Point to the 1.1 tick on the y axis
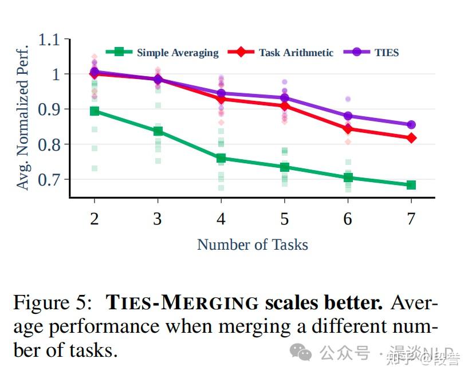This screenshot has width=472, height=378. (49, 40)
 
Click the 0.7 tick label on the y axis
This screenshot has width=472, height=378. (49, 180)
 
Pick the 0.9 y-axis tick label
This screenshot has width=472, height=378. (49, 109)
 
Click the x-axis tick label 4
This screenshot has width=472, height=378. (221, 219)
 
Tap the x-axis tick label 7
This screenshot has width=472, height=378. (411, 219)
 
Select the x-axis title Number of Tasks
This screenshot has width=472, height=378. (253, 245)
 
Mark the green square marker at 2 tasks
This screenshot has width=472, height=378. (95, 111)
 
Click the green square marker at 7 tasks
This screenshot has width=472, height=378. (411, 185)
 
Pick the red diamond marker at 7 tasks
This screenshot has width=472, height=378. (411, 138)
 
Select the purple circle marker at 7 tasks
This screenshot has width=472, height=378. (411, 125)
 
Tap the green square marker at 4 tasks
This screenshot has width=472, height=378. (221, 158)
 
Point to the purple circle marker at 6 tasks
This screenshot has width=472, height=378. (348, 116)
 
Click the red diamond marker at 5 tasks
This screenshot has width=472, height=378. (285, 106)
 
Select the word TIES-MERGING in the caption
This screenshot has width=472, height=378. (183, 302)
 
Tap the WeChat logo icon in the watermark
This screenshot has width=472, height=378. (301, 353)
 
